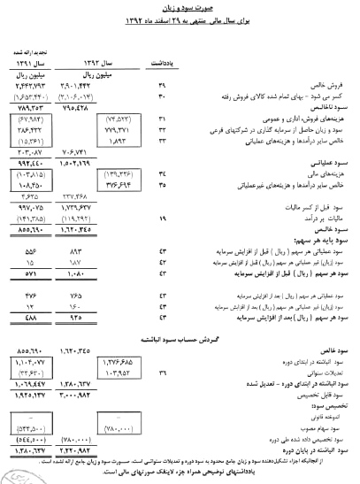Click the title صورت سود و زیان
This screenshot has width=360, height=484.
point(180,8)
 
